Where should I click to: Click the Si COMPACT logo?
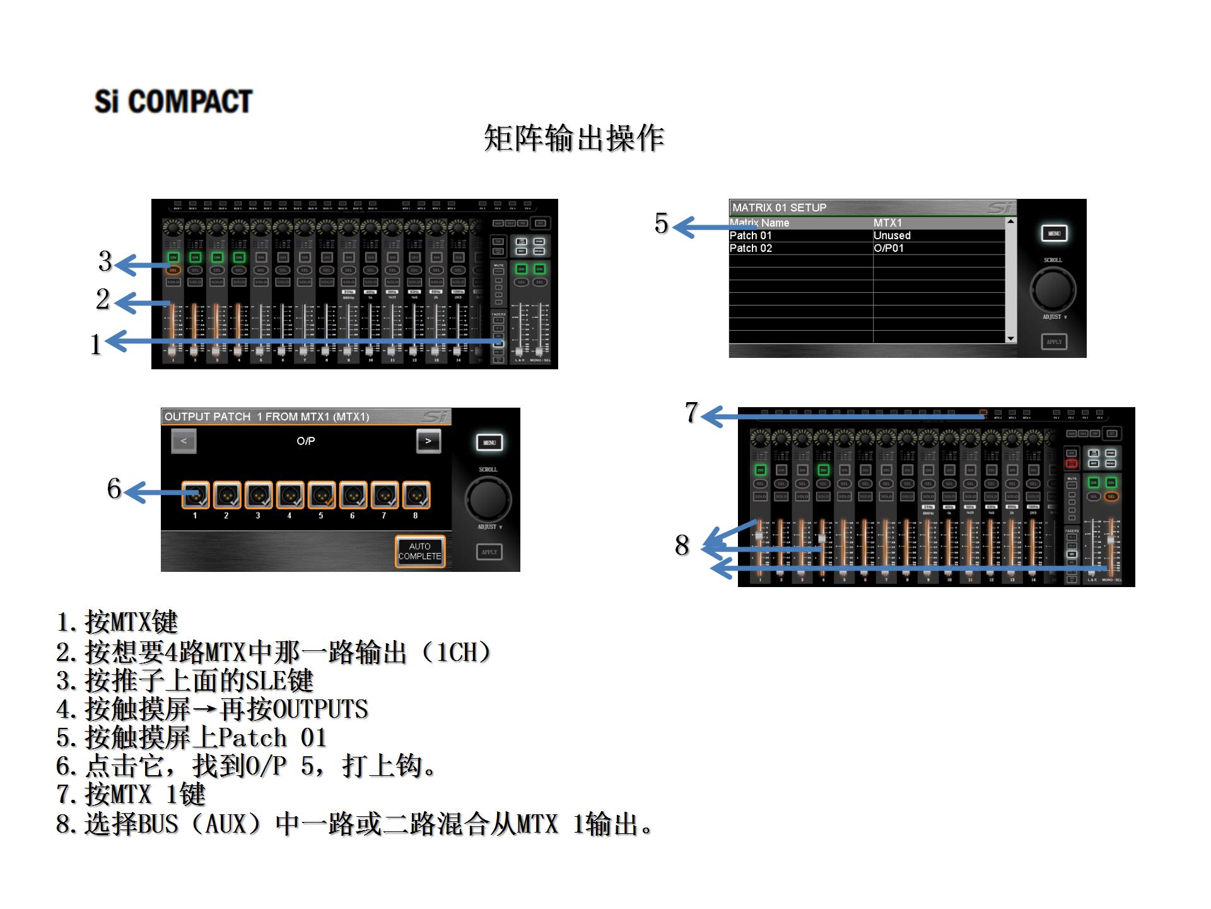coord(173,102)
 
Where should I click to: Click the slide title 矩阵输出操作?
coord(574,138)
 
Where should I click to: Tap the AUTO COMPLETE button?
coord(420,551)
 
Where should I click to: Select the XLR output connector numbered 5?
coord(321,495)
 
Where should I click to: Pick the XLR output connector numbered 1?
coord(196,495)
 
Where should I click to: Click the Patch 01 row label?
coord(751,235)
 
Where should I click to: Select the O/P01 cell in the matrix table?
coord(889,248)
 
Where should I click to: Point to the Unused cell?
coord(892,235)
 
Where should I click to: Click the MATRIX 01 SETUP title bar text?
coord(779,208)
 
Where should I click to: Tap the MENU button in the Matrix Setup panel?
coord(1054,234)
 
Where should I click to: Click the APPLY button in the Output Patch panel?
coord(489,552)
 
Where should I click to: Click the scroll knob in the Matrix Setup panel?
coord(1053,288)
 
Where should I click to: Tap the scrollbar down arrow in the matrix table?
coord(1010,338)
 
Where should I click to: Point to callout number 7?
coord(692,413)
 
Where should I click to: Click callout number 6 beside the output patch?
coord(114,489)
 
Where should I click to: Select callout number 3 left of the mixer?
coord(105,261)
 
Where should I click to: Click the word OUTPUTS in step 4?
coord(320,710)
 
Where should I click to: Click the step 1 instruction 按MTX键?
coord(117,622)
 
